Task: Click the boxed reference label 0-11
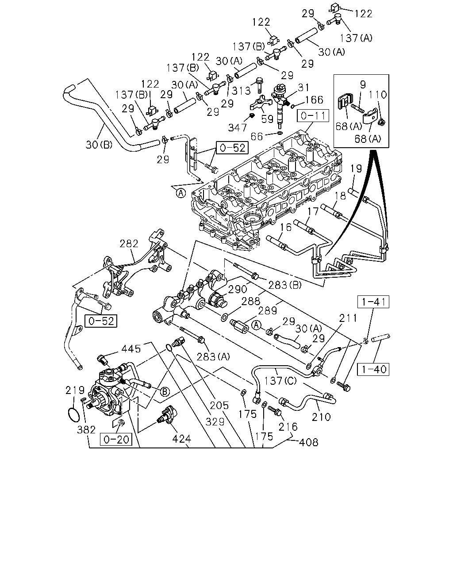pos(313,116)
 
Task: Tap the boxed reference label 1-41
pos(373,302)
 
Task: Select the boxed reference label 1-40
pos(373,369)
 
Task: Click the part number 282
pos(129,244)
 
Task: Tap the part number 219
pos(75,390)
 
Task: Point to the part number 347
pos(238,128)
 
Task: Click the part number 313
pos(241,91)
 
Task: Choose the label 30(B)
pos(99,145)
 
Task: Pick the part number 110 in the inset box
pos(377,95)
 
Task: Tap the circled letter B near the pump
pos(165,392)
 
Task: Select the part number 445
pos(131,349)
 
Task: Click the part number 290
pos(238,289)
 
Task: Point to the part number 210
pos(321,417)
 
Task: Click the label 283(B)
pos(285,285)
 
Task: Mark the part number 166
pos(314,99)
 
